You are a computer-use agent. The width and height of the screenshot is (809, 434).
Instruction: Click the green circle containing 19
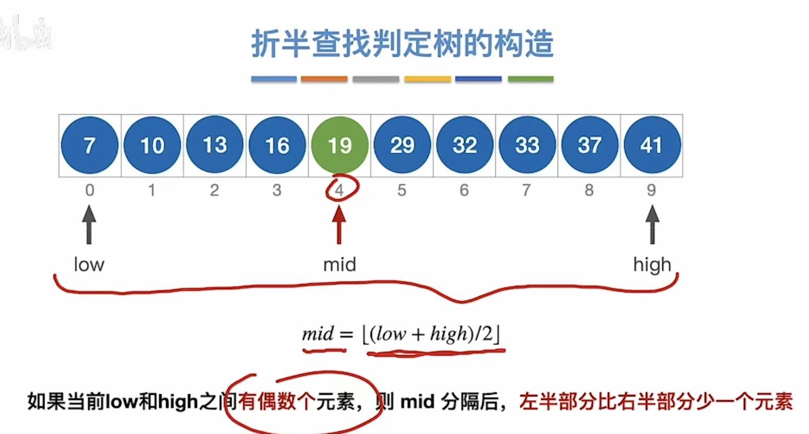339,145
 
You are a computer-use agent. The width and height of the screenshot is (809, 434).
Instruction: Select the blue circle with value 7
90,145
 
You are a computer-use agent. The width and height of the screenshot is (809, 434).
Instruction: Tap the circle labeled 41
651,145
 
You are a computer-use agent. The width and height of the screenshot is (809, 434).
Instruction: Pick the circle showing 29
402,145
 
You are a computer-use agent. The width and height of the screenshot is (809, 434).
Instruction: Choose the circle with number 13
214,145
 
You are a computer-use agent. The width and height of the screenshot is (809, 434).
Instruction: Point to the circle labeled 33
527,145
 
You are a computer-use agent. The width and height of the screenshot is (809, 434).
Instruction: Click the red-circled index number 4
340,190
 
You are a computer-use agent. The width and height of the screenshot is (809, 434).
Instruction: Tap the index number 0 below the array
90,190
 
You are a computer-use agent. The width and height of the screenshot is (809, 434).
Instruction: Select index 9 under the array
651,190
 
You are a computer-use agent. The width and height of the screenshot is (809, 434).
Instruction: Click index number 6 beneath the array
464,190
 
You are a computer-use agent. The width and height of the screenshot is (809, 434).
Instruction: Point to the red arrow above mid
339,224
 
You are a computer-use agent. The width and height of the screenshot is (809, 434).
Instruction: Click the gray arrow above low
90,224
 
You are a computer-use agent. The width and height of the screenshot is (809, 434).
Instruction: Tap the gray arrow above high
652,224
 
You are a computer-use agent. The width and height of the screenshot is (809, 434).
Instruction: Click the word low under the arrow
89,264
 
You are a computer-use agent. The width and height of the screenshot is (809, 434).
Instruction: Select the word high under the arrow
652,265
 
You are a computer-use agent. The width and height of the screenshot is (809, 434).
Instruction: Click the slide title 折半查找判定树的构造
402,44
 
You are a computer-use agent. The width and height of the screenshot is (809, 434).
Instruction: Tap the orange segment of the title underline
324,79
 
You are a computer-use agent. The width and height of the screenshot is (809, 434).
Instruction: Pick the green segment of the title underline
530,79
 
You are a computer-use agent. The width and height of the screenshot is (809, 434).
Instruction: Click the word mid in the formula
318,334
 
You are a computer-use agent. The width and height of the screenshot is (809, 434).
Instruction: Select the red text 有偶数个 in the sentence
276,402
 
